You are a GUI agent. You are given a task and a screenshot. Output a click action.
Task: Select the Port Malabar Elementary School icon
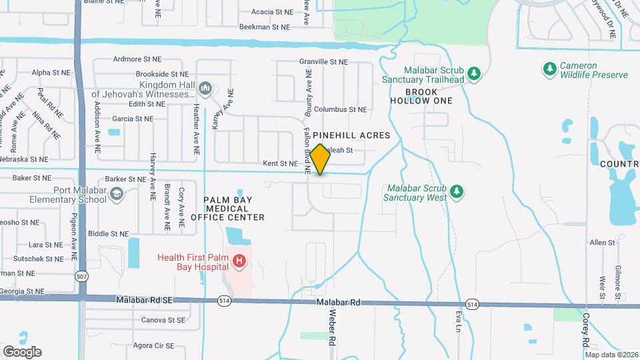click(x=117, y=193)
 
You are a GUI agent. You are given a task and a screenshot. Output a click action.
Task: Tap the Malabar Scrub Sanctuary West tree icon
click(x=457, y=191)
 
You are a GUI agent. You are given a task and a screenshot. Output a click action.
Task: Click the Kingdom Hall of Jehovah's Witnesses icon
click(x=206, y=88)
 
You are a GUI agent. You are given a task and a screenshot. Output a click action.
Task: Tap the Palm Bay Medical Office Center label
click(x=227, y=208)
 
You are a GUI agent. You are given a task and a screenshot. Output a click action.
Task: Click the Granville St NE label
click(x=323, y=61)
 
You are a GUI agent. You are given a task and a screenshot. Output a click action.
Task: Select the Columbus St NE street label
click(x=340, y=109)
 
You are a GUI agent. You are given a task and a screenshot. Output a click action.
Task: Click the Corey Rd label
click(x=585, y=330)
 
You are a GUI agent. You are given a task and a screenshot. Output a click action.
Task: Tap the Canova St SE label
click(x=163, y=320)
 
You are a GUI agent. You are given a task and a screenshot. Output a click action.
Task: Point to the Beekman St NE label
click(x=265, y=27)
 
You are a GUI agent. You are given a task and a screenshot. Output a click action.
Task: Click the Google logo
click(x=22, y=351)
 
